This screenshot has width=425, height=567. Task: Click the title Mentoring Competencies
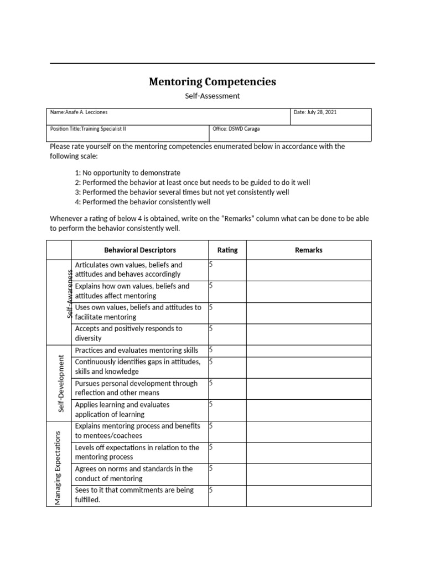[212, 82]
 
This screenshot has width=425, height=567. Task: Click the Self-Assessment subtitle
[212, 96]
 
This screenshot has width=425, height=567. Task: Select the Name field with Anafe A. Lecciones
[79, 112]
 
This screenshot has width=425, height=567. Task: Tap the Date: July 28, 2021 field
[315, 112]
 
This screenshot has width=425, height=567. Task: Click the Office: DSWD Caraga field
[236, 129]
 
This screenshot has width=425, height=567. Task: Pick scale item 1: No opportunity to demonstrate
[128, 173]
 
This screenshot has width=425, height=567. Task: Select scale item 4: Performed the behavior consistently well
[143, 202]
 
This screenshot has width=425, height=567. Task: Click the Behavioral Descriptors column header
[140, 250]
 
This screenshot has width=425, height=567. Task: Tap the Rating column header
[227, 250]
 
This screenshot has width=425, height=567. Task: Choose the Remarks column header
[308, 250]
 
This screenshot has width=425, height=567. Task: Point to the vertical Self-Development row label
[61, 383]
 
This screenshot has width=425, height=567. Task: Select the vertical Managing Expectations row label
[58, 463]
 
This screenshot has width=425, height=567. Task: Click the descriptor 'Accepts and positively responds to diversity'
[128, 333]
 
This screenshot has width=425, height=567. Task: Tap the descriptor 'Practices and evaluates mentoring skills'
[136, 350]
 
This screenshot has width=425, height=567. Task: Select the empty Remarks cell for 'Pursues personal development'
[308, 388]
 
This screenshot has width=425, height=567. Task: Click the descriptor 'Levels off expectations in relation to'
[137, 452]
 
